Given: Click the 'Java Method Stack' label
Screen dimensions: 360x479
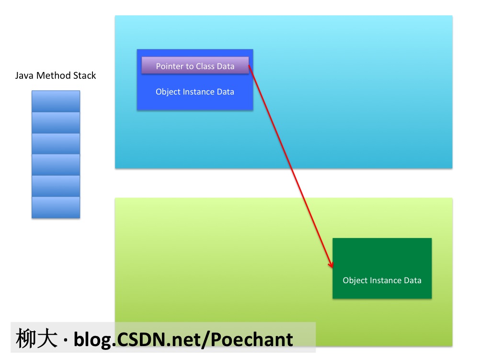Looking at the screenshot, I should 56,76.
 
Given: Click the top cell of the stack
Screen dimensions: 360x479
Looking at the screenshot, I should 56,101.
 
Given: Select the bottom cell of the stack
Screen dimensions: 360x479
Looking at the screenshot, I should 56,207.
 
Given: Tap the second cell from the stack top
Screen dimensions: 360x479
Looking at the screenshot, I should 56,123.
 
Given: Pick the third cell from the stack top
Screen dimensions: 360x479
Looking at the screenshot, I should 56,144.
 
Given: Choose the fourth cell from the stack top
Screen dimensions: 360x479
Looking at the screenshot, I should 56,165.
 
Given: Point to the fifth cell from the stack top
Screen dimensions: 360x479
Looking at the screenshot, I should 56,186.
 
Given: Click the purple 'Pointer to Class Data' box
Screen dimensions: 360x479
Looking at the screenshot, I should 195,66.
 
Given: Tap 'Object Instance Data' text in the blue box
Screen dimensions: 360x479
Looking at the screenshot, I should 195,92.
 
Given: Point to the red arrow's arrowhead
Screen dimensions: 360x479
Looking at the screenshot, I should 331,266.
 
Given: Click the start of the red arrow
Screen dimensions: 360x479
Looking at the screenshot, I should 250,67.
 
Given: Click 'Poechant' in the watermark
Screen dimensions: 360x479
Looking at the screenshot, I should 252,339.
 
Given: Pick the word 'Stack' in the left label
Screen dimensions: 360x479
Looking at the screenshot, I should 85,76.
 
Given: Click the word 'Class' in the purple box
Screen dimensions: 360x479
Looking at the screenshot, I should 205,66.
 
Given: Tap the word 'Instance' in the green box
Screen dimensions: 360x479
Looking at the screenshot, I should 382,280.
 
